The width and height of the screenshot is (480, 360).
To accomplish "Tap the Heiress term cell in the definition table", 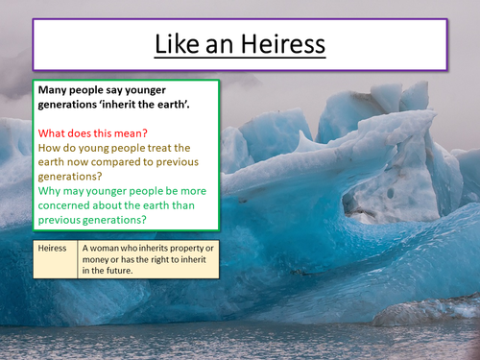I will coord(54,248).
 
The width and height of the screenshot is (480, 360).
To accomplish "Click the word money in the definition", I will coord(104,259).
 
